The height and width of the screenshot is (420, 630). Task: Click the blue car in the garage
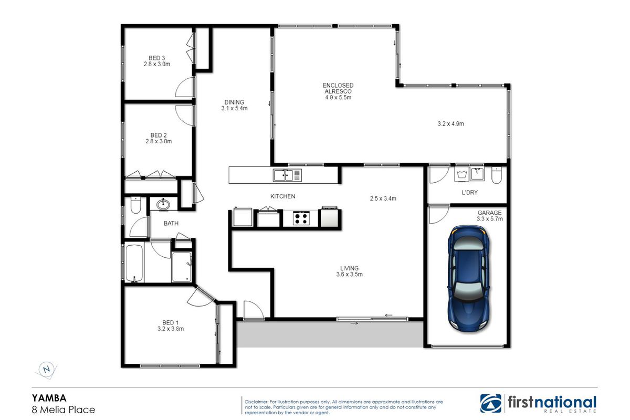pyautogui.click(x=468, y=278)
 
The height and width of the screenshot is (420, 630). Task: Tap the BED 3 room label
pyautogui.click(x=157, y=61)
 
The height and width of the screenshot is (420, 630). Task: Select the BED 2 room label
pyautogui.click(x=159, y=139)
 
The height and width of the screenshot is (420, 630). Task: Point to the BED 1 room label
pyautogui.click(x=171, y=325)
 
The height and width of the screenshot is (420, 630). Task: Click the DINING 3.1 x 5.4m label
pyautogui.click(x=234, y=105)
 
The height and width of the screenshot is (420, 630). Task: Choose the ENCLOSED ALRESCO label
pyautogui.click(x=338, y=88)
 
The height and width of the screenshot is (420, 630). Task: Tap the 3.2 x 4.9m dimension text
pyautogui.click(x=451, y=124)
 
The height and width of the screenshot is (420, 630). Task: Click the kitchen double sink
pyautogui.click(x=287, y=175)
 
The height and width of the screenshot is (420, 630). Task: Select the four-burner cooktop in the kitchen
pyautogui.click(x=301, y=218)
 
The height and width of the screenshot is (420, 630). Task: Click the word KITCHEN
pyautogui.click(x=282, y=196)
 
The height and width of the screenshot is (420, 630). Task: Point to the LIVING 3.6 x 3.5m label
pyautogui.click(x=349, y=271)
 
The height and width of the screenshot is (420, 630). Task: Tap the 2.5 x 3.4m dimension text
pyautogui.click(x=383, y=198)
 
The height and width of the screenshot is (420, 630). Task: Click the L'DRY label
pyautogui.click(x=470, y=193)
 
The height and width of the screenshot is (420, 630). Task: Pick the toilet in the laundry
pyautogui.click(x=497, y=175)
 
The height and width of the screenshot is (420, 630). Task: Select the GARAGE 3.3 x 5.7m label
pyautogui.click(x=490, y=216)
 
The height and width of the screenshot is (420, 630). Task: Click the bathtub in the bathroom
pyautogui.click(x=134, y=264)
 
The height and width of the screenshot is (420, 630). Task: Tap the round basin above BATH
pyautogui.click(x=163, y=204)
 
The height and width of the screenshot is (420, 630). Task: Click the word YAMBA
pyautogui.click(x=49, y=398)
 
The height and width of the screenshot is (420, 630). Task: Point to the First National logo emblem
pyautogui.click(x=491, y=404)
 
